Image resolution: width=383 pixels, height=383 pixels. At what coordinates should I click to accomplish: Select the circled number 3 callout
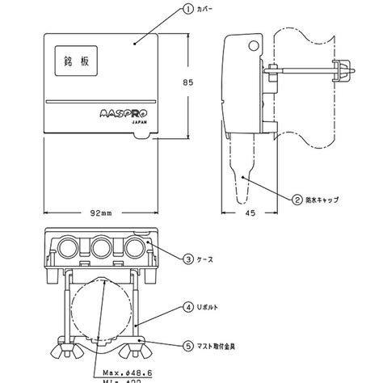(x=187, y=259)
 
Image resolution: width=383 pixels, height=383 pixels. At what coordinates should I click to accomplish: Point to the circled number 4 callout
(x=187, y=308)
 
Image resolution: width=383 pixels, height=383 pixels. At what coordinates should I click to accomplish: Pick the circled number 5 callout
(x=187, y=346)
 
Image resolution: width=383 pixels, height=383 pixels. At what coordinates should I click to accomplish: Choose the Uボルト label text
(x=209, y=308)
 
